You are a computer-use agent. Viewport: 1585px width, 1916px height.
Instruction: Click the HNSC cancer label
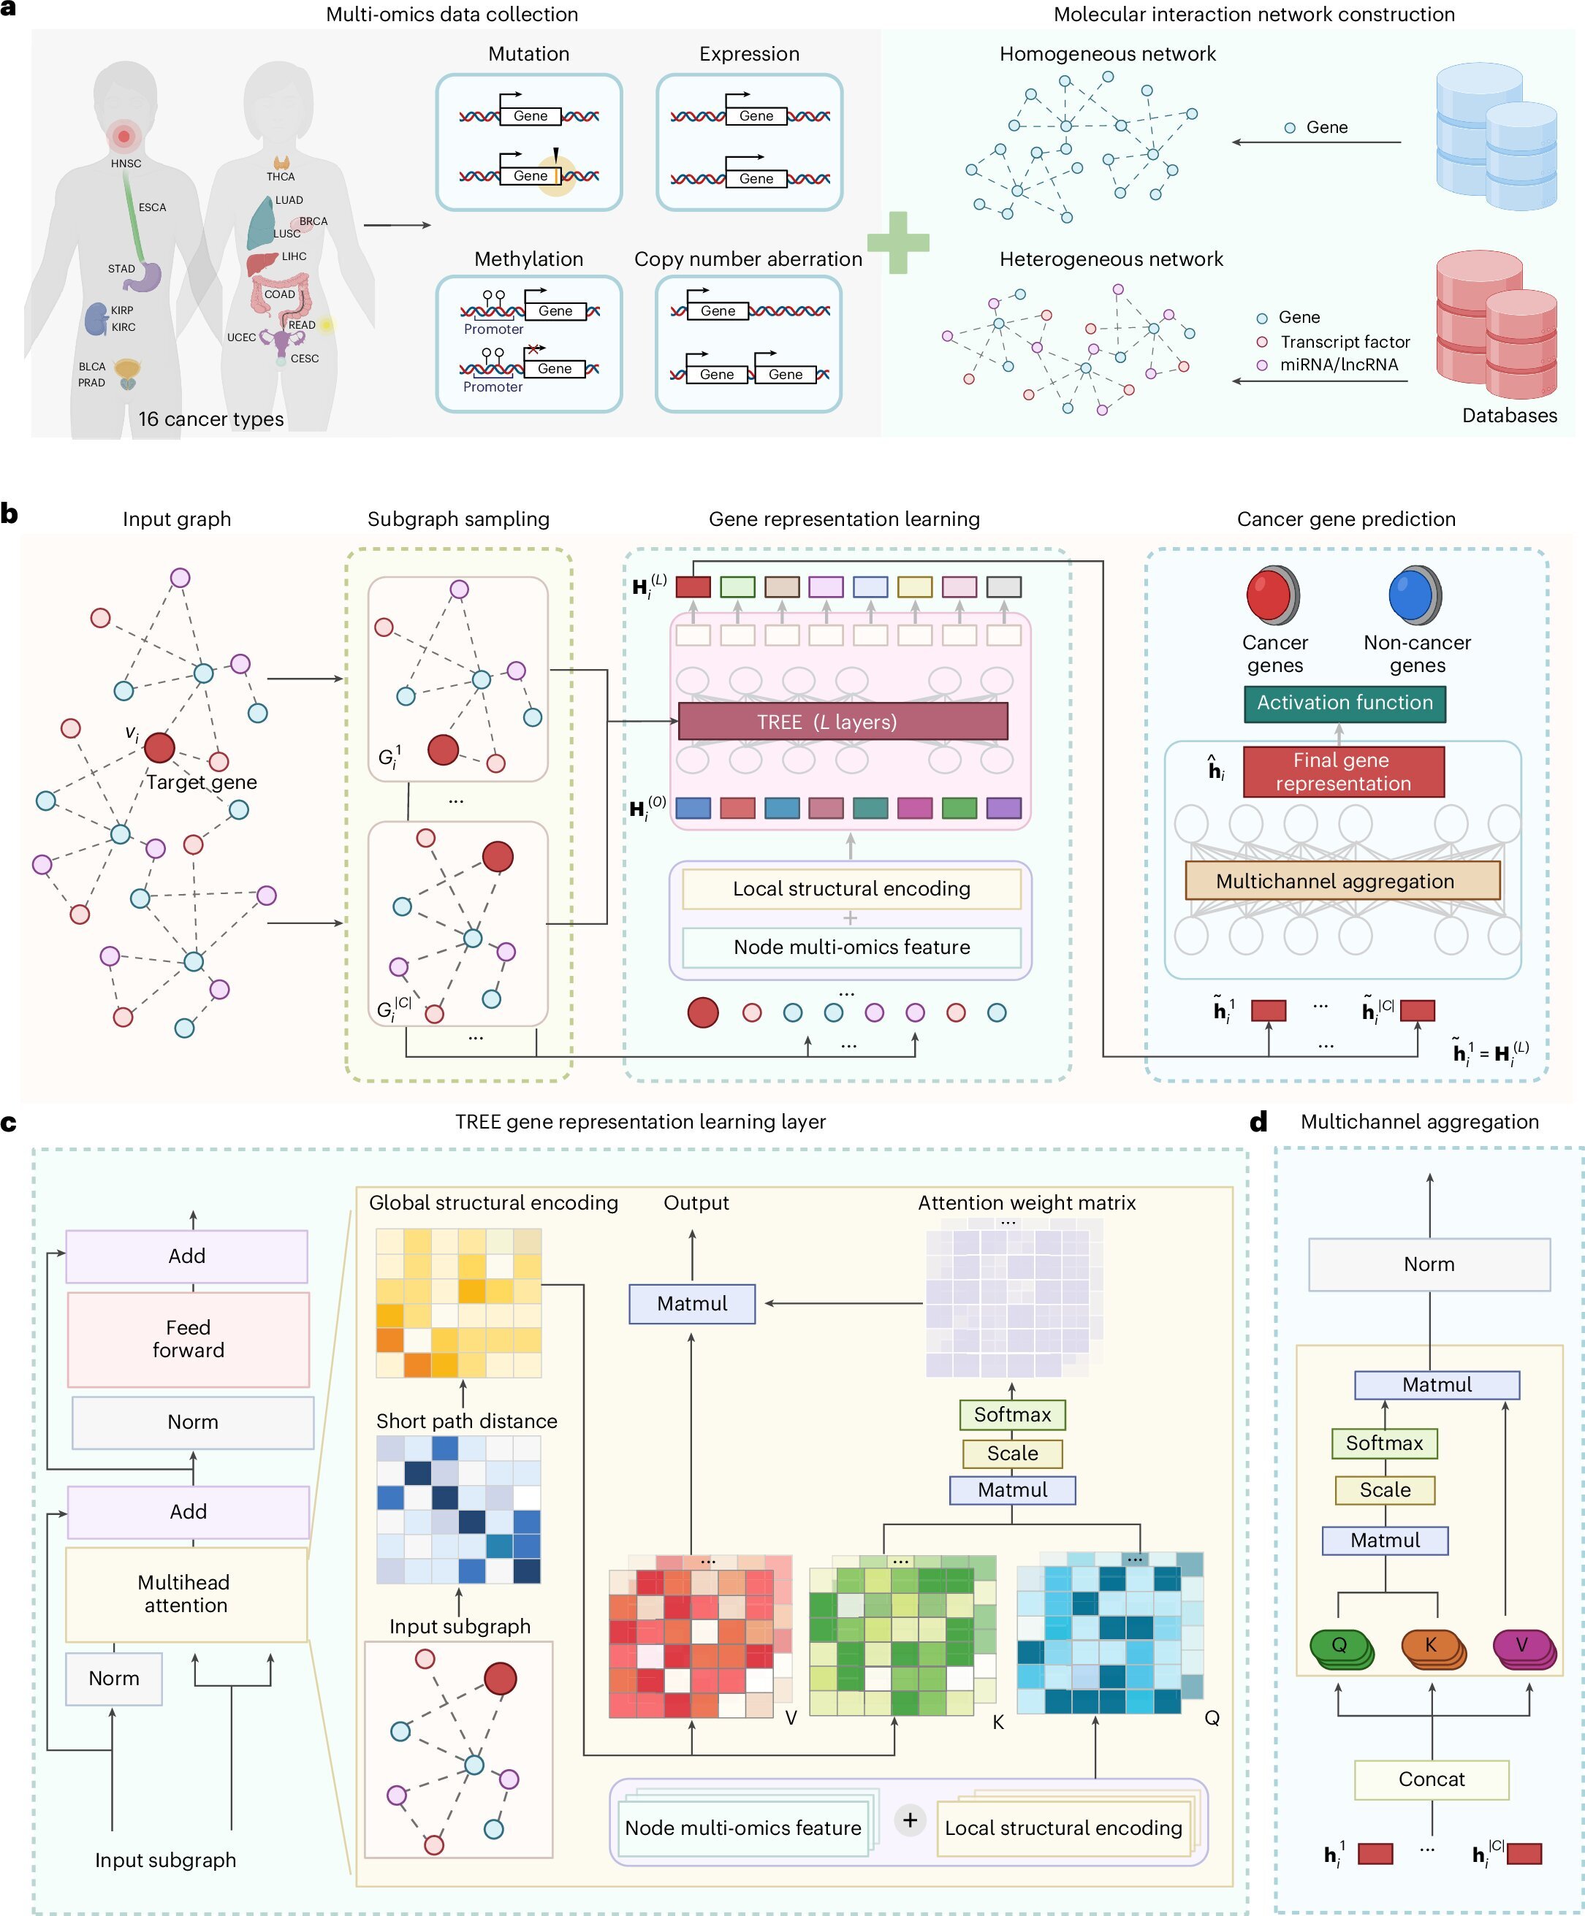[x=126, y=164]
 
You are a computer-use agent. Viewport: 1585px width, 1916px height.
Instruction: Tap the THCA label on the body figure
[x=280, y=176]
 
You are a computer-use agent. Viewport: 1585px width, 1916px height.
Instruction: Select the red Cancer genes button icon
[x=1273, y=594]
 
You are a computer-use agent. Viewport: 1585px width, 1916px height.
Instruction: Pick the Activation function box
[x=1344, y=703]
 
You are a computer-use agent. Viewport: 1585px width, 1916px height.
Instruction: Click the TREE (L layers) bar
[x=843, y=722]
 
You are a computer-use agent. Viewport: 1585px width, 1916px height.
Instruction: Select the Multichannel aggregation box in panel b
[x=1342, y=880]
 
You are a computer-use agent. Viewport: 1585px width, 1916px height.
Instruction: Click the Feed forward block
[x=188, y=1338]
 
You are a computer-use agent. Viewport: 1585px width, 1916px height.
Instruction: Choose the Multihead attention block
[x=186, y=1593]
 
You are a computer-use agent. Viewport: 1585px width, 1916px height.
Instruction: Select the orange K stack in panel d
[x=1432, y=1647]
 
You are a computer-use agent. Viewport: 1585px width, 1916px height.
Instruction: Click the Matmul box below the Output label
[x=692, y=1303]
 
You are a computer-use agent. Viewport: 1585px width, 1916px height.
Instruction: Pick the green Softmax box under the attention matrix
[x=1012, y=1414]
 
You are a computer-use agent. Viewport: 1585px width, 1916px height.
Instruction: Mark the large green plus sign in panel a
[x=898, y=243]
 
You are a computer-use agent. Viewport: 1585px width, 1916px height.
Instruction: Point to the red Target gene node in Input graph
[x=160, y=747]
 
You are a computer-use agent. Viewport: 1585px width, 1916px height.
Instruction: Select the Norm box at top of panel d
[x=1429, y=1264]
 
